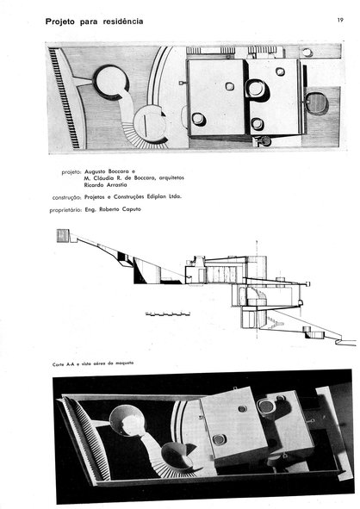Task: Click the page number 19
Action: point(340,20)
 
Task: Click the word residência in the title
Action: point(123,22)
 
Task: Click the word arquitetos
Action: point(171,178)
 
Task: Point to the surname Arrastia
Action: point(117,185)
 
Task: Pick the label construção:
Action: point(66,197)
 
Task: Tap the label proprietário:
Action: point(65,210)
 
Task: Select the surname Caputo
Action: point(132,209)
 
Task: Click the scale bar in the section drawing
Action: point(167,313)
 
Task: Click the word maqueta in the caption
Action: point(125,363)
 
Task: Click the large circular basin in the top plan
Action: point(111,82)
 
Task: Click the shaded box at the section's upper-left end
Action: point(63,235)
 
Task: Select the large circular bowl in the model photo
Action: point(127,420)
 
